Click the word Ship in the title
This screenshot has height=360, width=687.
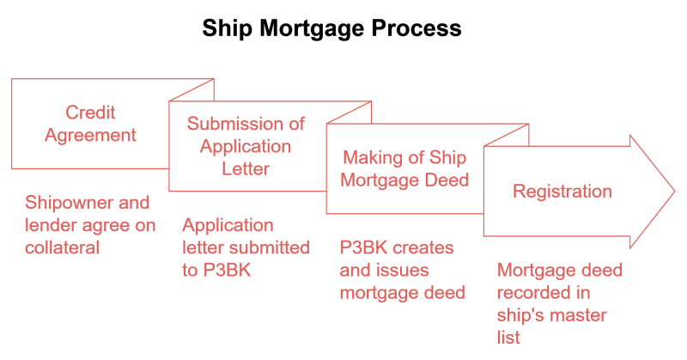click(x=227, y=29)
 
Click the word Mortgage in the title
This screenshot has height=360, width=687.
click(x=312, y=29)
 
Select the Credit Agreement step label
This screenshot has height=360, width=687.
click(x=90, y=124)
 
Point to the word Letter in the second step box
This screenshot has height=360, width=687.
click(x=246, y=168)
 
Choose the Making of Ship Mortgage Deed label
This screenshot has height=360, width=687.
click(x=404, y=168)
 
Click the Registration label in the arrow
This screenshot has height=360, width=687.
click(x=562, y=192)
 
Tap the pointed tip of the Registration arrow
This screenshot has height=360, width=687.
click(x=675, y=192)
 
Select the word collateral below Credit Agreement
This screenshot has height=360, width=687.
click(x=62, y=247)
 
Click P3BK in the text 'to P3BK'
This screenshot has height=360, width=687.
click(x=227, y=270)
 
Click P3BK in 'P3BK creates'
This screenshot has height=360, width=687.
click(x=363, y=247)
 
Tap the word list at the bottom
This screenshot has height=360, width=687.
click(x=508, y=338)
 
